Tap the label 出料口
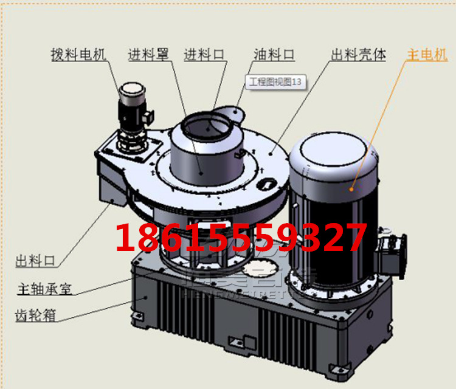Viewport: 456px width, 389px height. click(x=35, y=261)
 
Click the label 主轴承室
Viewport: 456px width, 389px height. click(x=44, y=288)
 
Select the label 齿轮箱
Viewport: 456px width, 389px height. click(x=36, y=315)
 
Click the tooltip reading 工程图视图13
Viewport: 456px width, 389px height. click(x=275, y=83)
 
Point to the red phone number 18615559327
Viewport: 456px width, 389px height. click(x=241, y=238)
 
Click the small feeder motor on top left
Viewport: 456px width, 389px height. click(x=132, y=115)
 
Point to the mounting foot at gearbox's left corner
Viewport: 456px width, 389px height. click(x=139, y=317)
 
